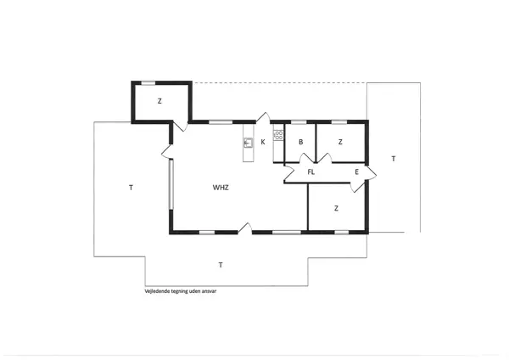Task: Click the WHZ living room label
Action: point(221,187)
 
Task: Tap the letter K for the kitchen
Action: point(263,142)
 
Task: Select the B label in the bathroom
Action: point(300,142)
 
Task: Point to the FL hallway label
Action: point(311,172)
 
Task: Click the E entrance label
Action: point(356,172)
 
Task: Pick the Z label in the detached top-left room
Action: point(159,101)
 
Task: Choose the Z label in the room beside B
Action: point(339,142)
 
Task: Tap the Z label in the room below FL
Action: point(336,208)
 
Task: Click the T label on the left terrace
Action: point(131,187)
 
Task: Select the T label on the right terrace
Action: point(393,159)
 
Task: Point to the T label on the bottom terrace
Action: point(221,265)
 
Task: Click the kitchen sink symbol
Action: point(248,143)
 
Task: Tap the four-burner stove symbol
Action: point(277,135)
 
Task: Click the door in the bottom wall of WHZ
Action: point(244,228)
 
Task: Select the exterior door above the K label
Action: point(263,118)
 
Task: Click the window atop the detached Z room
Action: point(148,82)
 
